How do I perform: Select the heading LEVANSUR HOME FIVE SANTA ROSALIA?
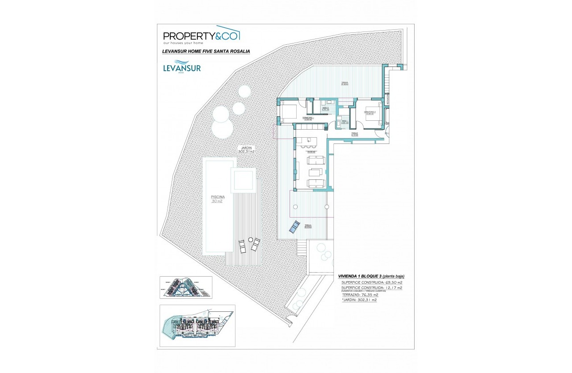(206, 52)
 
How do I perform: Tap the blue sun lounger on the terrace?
(294, 227)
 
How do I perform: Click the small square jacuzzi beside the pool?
(243, 181)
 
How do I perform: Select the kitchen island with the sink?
(308, 140)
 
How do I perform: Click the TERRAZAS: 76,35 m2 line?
(360, 294)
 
